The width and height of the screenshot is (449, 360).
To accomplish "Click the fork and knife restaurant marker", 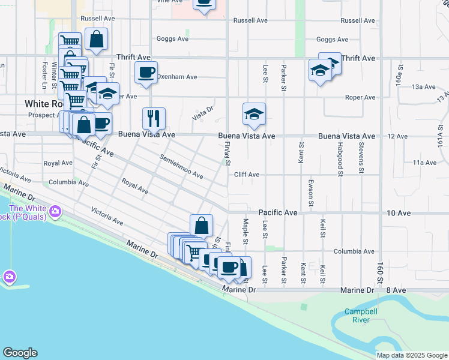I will point(154,118).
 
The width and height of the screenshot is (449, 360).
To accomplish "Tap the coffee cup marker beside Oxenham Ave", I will point(146,73).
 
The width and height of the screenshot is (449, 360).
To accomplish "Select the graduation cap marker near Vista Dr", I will point(254,114).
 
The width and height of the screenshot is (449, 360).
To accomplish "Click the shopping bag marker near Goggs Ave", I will point(96,40).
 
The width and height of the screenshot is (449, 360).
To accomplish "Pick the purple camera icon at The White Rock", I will point(55,211).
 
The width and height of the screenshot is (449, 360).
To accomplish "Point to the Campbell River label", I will point(361,316).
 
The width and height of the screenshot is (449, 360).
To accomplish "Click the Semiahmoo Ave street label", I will point(181,167).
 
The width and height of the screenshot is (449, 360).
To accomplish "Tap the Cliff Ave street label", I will point(246,175).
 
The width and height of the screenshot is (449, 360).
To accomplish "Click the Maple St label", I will point(246,232).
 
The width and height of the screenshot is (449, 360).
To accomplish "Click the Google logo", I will point(20,353).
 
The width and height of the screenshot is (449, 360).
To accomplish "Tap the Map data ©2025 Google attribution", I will point(411,355).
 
